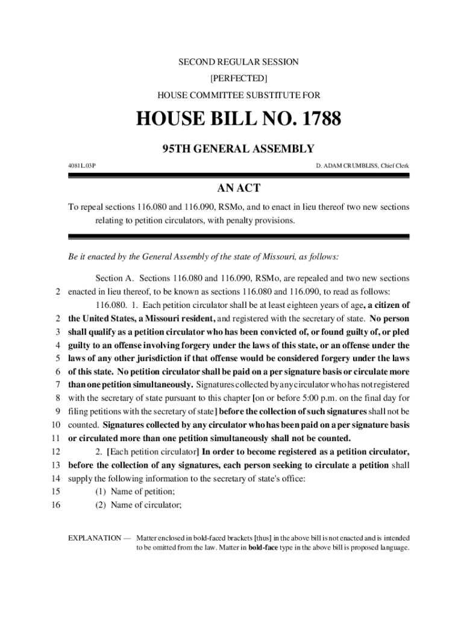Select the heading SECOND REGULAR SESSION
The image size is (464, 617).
pos(239,62)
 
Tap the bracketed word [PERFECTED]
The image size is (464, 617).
pos(239,78)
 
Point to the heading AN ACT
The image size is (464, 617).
pos(239,188)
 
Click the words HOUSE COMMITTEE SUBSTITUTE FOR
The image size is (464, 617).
pos(239,95)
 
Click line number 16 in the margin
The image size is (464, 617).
pos(56,506)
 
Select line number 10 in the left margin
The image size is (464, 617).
pos(56,425)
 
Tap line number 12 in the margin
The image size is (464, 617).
pos(56,451)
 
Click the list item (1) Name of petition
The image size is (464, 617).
pos(135,492)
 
